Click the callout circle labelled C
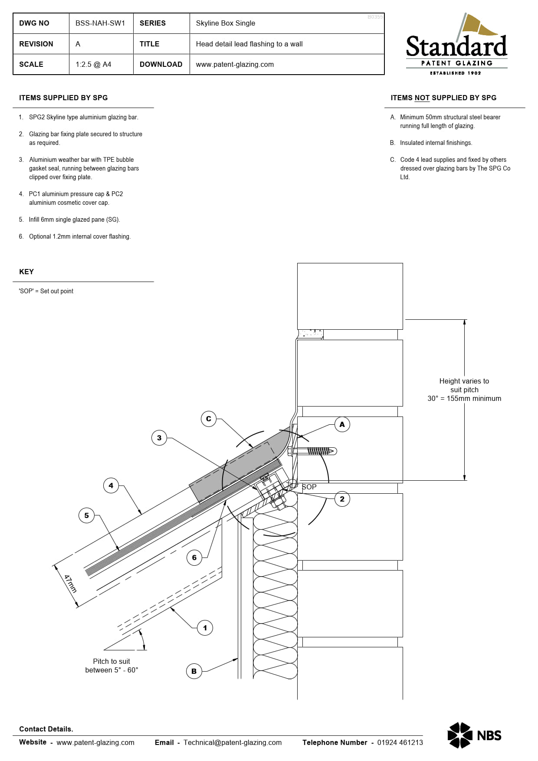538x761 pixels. click(209, 419)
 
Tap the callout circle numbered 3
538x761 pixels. click(159, 438)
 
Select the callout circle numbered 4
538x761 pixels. click(111, 485)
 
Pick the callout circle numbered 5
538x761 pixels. click(86, 515)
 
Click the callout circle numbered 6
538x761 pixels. click(194, 558)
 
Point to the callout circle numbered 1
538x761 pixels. click(205, 628)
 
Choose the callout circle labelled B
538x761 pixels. click(194, 671)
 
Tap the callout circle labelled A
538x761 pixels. click(342, 424)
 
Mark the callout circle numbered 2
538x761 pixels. click(342, 499)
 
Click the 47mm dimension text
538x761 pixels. click(70, 584)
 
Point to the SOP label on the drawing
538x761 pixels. click(309, 487)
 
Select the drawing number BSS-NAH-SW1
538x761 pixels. click(100, 23)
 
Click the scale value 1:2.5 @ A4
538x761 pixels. click(93, 64)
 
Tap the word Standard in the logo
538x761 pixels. click(456, 47)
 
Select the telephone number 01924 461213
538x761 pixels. click(400, 742)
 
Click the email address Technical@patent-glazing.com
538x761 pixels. click(233, 742)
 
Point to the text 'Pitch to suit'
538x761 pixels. click(112, 661)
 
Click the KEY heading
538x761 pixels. click(26, 272)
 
